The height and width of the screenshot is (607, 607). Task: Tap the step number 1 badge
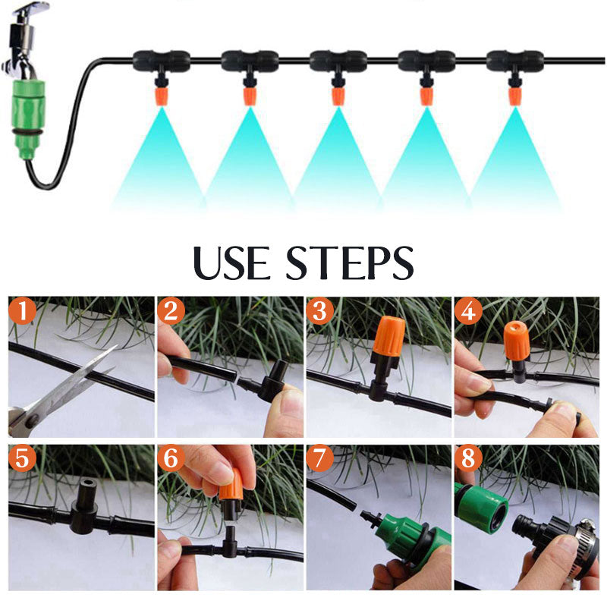[22, 310]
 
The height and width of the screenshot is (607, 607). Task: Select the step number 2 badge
[171, 310]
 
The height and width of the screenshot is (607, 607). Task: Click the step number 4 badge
[468, 310]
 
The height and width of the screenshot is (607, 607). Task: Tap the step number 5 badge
[22, 458]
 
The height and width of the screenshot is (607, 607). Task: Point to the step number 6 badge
[171, 458]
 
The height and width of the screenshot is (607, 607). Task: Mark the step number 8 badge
[468, 458]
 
